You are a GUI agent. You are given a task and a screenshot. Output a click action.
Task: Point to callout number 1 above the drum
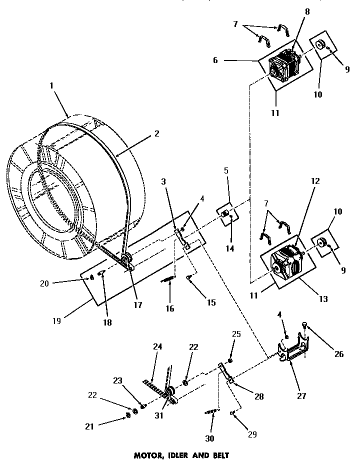coord(51,85)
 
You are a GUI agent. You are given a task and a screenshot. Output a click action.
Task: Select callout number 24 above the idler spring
coord(158,346)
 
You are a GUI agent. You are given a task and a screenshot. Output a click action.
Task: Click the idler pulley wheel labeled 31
coord(168,391)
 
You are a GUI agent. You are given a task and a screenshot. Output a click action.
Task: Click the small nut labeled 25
coord(230,361)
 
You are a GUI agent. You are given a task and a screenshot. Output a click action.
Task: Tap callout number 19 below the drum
coord(56,321)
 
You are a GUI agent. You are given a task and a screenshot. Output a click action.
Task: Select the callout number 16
coord(170,308)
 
